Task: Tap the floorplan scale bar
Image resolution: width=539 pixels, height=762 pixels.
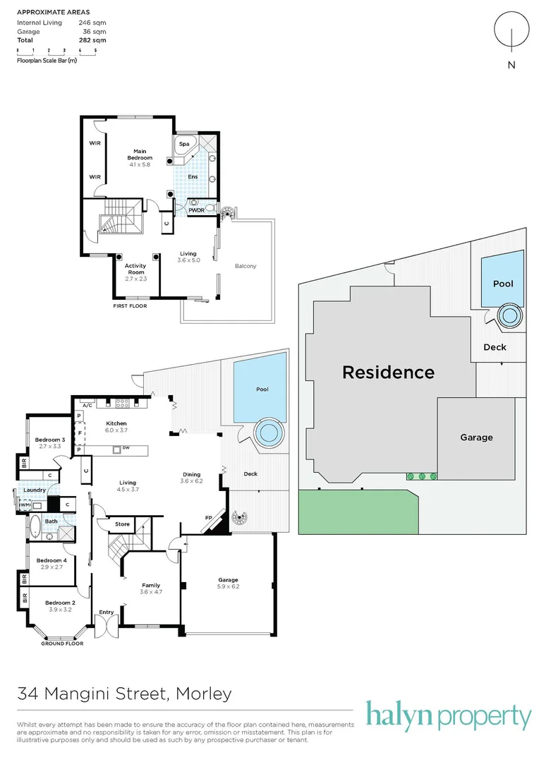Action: coord(56,51)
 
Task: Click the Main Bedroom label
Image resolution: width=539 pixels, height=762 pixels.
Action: coord(139,154)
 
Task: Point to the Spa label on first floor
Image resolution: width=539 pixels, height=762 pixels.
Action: coord(183,143)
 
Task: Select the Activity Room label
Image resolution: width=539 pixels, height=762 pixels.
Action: coord(135,269)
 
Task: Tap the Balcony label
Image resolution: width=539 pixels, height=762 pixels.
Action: coord(245,266)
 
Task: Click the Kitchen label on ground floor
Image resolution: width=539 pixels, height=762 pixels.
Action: coord(116,423)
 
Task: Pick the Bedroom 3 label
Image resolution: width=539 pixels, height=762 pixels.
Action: coord(50,440)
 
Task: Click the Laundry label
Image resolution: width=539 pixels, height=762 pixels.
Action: coord(34,490)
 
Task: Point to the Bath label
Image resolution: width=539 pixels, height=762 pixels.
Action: coord(51,521)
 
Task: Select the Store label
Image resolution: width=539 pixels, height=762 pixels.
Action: coord(123,524)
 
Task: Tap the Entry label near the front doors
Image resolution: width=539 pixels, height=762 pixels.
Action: coord(107,612)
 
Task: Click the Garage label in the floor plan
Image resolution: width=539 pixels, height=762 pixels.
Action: coord(228,580)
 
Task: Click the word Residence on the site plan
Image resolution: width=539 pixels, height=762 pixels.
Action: coord(388,372)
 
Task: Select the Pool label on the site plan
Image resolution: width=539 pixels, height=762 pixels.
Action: coord(503,284)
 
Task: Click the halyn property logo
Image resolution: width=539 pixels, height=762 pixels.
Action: coord(448,717)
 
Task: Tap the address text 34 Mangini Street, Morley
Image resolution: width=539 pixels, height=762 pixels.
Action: coord(124,694)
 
